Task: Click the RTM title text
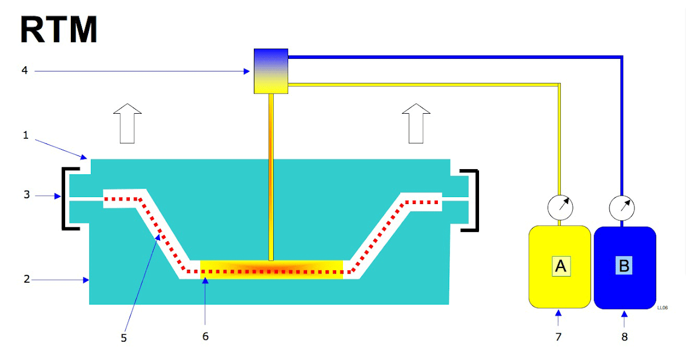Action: [59, 30]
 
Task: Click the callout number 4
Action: [25, 71]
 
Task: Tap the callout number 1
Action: [25, 136]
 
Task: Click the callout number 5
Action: [123, 338]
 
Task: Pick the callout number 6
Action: [205, 336]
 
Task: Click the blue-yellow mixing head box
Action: [270, 71]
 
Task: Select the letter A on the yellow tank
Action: [561, 266]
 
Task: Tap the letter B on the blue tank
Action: [624, 266]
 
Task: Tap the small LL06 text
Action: [663, 307]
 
